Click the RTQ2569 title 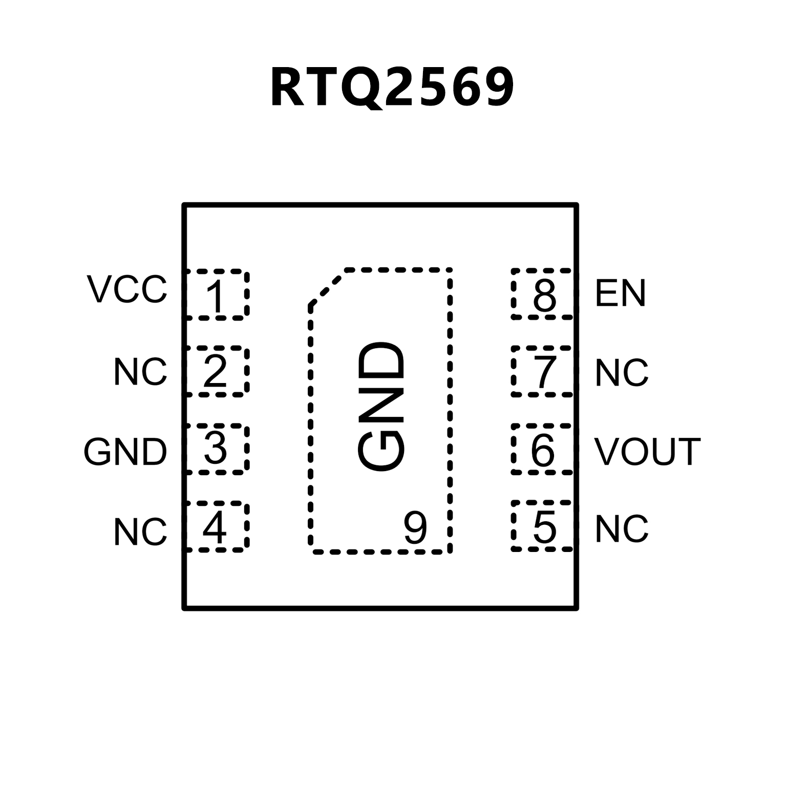pyautogui.click(x=392, y=88)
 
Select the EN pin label pyautogui.click(x=620, y=293)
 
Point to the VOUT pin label pyautogui.click(x=647, y=452)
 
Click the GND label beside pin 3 pyautogui.click(x=125, y=452)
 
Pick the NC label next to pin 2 pyautogui.click(x=140, y=372)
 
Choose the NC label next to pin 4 pyautogui.click(x=140, y=532)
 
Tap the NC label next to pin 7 pyautogui.click(x=622, y=372)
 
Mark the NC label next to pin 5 pyautogui.click(x=622, y=529)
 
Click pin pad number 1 pyautogui.click(x=216, y=294)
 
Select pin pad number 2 pyautogui.click(x=216, y=371)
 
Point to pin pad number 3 pyautogui.click(x=216, y=449)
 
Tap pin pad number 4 pyautogui.click(x=215, y=526)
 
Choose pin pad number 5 pyautogui.click(x=544, y=526)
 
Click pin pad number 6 pyautogui.click(x=543, y=449)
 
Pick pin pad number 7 pyautogui.click(x=544, y=371)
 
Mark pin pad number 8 pyautogui.click(x=544, y=294)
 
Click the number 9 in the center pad pyautogui.click(x=415, y=528)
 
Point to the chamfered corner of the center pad pyautogui.click(x=327, y=287)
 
